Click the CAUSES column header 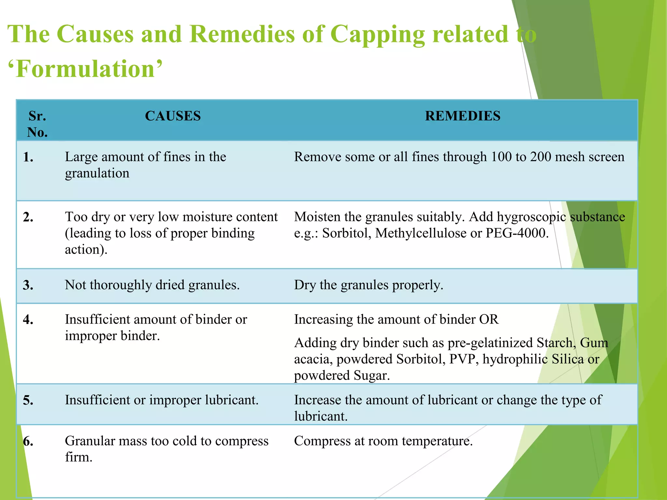pos(173,116)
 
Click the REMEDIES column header pos(462,116)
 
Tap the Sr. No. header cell pos(37,124)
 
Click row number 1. pos(28,158)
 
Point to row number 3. pos(28,285)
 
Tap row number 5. pos(28,400)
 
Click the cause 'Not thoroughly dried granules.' pos(152,285)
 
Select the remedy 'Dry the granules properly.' pos(368,285)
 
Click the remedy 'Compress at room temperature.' pos(383,441)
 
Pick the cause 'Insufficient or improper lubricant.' pos(162,400)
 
